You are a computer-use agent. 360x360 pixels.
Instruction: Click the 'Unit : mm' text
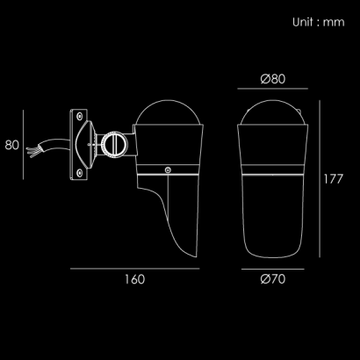[319, 22]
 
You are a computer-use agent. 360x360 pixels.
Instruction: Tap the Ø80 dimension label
[273, 79]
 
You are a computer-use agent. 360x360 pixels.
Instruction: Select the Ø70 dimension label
[273, 279]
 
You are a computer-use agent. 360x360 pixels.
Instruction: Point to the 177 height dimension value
[333, 179]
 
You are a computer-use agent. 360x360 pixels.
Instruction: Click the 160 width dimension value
[135, 279]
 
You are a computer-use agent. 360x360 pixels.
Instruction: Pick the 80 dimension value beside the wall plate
[12, 145]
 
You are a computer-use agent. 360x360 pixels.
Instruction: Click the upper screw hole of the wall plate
[79, 116]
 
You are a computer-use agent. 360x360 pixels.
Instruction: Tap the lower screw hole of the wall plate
[79, 173]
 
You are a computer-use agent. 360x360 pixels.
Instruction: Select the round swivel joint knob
[114, 145]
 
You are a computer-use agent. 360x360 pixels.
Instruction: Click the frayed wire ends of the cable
[33, 150]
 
